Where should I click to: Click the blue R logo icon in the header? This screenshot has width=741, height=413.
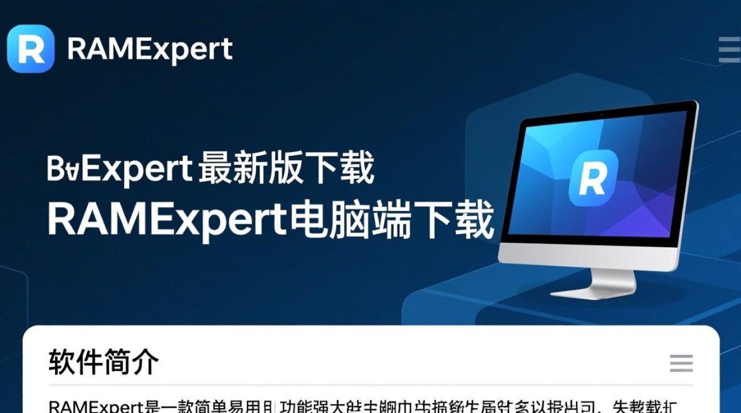point(31,49)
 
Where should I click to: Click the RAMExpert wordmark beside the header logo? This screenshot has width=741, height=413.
point(149,50)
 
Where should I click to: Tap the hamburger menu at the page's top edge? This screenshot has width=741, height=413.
point(729,50)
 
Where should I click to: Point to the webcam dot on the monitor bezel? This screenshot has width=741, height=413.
point(601,114)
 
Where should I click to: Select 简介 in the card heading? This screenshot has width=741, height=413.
point(131,362)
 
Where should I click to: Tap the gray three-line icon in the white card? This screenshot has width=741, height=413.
point(681,363)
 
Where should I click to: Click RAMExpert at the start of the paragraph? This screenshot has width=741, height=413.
point(96,406)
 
